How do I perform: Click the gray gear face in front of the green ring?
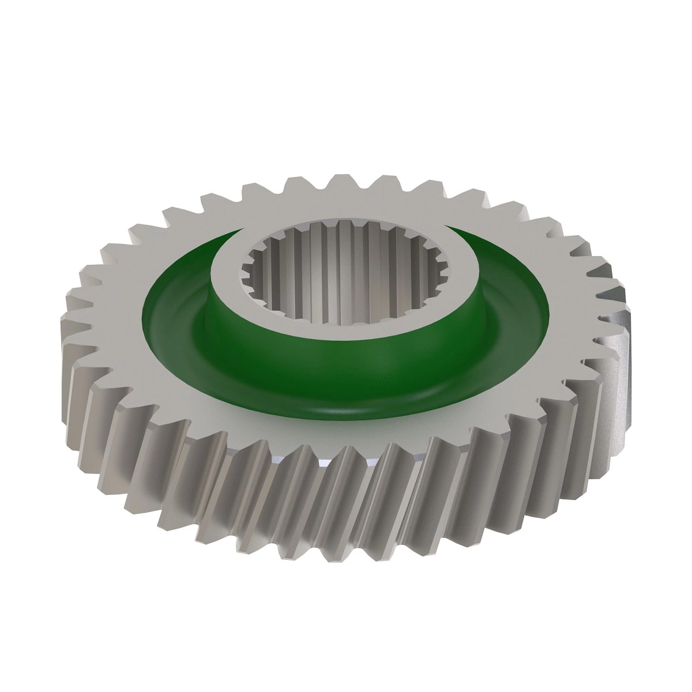click(346, 432)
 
